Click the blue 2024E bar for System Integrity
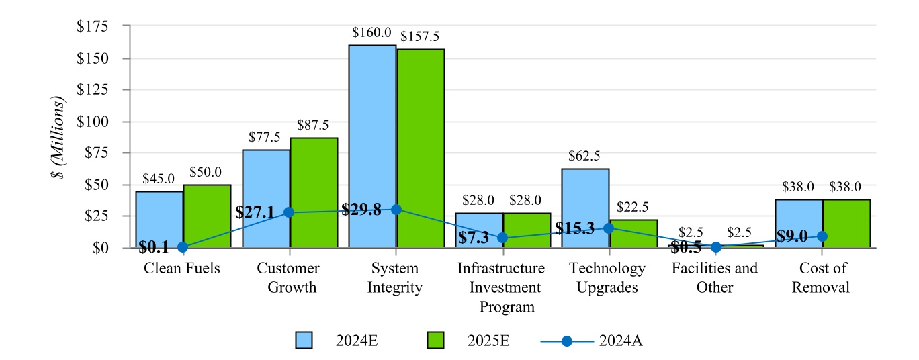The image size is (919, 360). click(x=372, y=134)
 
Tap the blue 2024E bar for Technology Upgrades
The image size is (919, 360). click(x=585, y=201)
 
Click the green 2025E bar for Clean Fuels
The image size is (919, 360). click(x=207, y=216)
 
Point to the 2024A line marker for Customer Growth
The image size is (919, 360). click(x=289, y=212)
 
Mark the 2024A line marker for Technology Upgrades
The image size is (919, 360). click(x=609, y=228)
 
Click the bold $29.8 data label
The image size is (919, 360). click(x=361, y=209)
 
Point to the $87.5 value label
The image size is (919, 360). click(x=313, y=125)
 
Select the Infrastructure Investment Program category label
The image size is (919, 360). click(x=501, y=287)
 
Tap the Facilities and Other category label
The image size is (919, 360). click(x=715, y=277)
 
